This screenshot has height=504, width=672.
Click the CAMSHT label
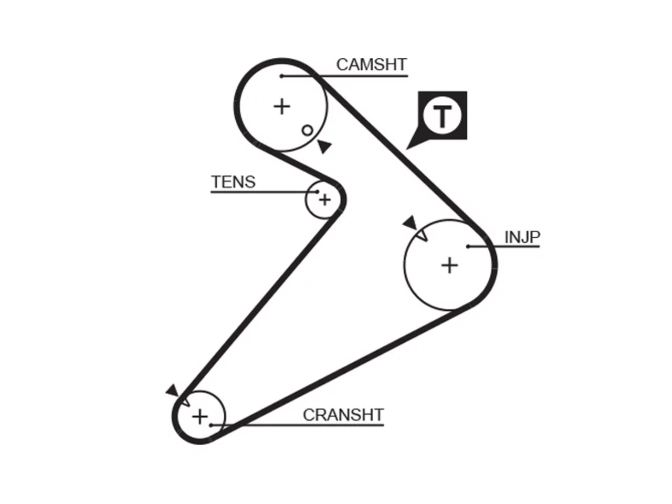(x=371, y=65)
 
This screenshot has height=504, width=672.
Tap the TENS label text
(x=233, y=182)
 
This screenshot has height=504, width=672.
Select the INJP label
(x=522, y=237)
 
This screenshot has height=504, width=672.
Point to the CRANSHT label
(x=343, y=415)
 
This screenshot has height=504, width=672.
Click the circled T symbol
(x=442, y=115)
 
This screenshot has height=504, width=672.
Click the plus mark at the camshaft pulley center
(x=281, y=107)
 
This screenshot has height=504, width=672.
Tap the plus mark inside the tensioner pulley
(x=325, y=200)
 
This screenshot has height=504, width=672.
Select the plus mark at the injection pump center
(x=449, y=265)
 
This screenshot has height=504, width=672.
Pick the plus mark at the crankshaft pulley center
(x=200, y=416)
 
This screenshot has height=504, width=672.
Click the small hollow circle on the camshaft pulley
(x=307, y=130)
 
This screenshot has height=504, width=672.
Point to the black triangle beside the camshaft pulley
(x=324, y=146)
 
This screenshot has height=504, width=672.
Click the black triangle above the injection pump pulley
(x=410, y=223)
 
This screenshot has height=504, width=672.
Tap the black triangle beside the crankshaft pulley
(x=172, y=391)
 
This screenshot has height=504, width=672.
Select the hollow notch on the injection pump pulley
(x=423, y=236)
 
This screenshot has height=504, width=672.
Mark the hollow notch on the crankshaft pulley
(x=185, y=402)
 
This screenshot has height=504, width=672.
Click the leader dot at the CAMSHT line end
(x=281, y=76)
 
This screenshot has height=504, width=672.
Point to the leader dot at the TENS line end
(x=318, y=192)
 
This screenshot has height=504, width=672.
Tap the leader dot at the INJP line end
(x=468, y=246)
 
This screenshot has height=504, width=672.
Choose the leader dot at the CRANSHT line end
(x=211, y=425)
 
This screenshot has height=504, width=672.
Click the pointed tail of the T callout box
(x=406, y=149)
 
